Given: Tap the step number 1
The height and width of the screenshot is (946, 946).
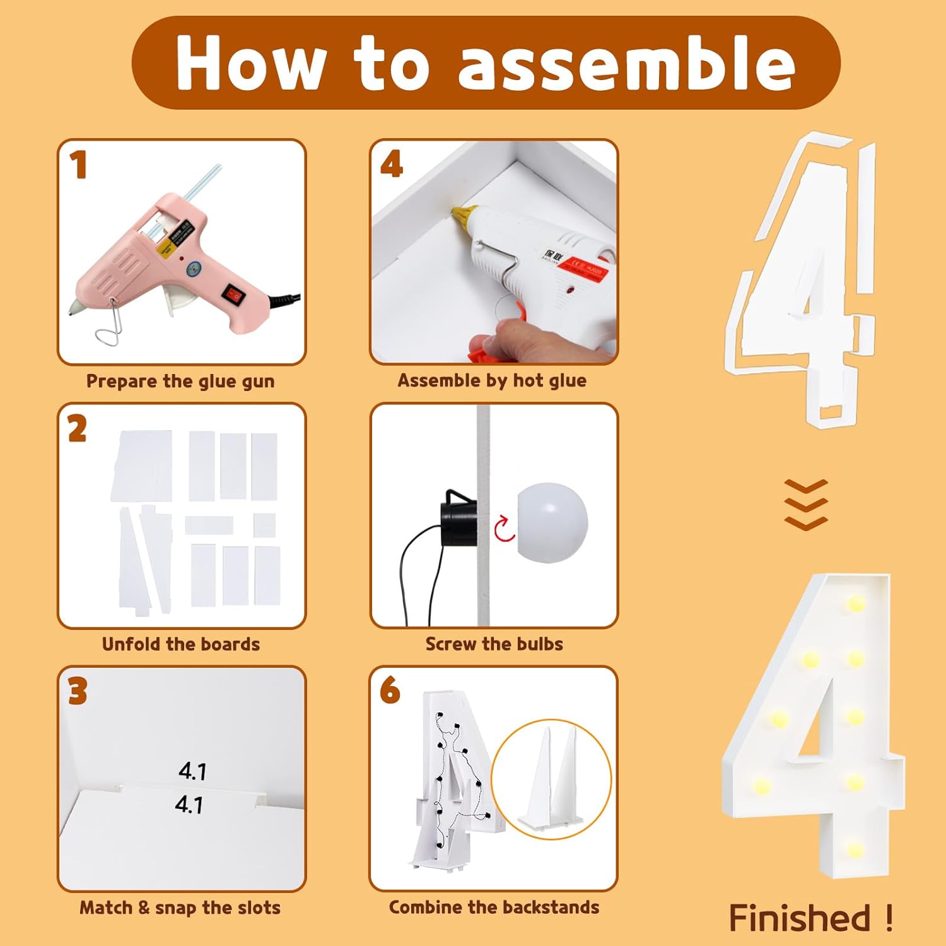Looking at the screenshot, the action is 78,165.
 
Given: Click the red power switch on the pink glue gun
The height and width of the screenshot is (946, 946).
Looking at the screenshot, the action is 231,293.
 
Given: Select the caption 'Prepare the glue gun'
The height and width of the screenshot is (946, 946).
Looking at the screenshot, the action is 180,381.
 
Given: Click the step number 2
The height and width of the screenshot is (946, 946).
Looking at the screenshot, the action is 78,429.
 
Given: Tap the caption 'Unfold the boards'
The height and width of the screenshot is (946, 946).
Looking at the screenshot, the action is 181,644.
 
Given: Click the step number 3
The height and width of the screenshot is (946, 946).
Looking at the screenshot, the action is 78,692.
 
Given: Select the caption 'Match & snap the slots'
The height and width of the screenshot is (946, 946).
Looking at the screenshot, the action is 180,908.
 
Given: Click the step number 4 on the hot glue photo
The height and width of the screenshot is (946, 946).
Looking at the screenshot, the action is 392,164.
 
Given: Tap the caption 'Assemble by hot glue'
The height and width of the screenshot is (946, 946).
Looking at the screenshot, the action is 492,380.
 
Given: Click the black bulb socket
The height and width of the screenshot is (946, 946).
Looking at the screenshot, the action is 460,514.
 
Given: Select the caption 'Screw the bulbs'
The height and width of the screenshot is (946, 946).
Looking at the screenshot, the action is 494,644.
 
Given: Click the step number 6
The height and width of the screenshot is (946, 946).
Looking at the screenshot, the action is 390,690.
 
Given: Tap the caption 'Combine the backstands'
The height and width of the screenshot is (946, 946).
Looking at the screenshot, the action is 494,907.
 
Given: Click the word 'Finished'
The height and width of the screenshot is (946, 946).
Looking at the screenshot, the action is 800,918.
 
